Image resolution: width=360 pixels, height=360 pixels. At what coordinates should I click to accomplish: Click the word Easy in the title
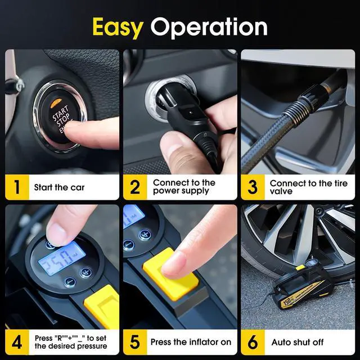pyautogui.click(x=118, y=26)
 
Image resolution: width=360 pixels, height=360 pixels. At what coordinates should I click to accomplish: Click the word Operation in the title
pyautogui.click(x=209, y=27)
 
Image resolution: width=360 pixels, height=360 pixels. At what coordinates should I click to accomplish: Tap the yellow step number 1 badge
pyautogui.click(x=17, y=187)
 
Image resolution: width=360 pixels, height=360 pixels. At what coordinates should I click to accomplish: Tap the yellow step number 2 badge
pyautogui.click(x=135, y=187)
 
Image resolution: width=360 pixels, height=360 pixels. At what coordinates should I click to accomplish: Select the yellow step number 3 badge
pyautogui.click(x=253, y=187)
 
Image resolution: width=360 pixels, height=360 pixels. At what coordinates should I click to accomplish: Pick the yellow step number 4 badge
pyautogui.click(x=17, y=342)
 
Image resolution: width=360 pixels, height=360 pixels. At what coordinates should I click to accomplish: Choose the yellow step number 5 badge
pyautogui.click(x=135, y=342)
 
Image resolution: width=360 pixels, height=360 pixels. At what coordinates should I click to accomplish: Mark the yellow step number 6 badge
pyautogui.click(x=253, y=342)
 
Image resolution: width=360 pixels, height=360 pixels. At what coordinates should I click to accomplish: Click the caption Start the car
pyautogui.click(x=59, y=187)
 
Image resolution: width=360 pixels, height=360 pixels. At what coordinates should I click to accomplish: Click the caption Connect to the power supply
pyautogui.click(x=184, y=187)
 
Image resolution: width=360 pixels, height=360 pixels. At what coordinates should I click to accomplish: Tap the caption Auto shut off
pyautogui.click(x=298, y=342)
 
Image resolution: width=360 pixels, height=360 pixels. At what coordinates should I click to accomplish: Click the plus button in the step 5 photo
pyautogui.click(x=145, y=235)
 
